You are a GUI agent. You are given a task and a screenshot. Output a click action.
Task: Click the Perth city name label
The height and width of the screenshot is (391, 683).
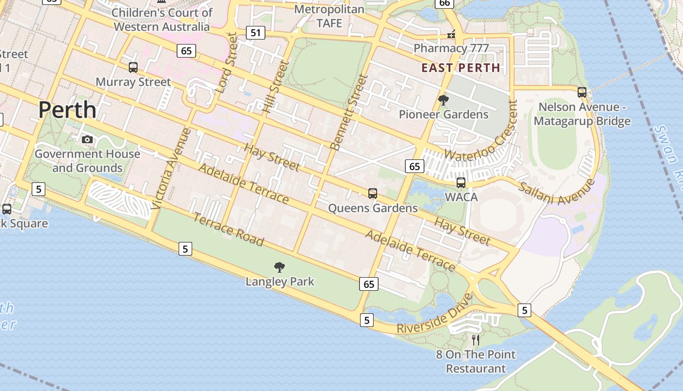coord(67,109)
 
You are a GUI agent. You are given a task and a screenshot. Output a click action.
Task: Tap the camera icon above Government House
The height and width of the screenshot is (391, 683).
coord(87,140)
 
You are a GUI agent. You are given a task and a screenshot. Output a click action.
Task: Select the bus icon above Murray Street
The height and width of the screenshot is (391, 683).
coord(133,67)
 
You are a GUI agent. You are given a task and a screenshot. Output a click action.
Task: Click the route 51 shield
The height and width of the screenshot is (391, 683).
coord(256,33)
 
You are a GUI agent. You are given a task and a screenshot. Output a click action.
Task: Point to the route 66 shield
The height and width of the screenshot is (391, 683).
coord(444,3)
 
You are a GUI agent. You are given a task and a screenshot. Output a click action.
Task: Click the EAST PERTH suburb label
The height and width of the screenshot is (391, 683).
coord(461,68)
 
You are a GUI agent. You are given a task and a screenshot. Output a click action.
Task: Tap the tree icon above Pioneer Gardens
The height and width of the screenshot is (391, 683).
coord(443,100)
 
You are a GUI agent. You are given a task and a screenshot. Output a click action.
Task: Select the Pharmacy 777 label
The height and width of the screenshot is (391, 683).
coord(451,48)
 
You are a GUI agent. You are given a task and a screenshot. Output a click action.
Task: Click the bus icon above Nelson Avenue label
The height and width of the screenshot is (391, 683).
coord(582,92)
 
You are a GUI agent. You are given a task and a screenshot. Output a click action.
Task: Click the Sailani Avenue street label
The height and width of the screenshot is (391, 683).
coord(557,193)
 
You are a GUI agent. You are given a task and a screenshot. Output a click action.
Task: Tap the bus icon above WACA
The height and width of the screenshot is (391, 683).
coord(461,183)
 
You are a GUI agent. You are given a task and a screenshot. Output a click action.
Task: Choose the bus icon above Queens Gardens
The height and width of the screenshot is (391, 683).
coord(373,194)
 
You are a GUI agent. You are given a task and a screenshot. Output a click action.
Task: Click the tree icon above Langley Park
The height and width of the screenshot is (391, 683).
coord(280,267)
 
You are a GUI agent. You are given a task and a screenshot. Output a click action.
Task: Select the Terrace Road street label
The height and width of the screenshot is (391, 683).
coord(229,230)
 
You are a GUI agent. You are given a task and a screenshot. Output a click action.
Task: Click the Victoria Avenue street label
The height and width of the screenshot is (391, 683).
coord(171,169)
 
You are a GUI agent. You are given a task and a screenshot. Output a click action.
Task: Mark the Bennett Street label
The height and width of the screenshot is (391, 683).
coord(348,112)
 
